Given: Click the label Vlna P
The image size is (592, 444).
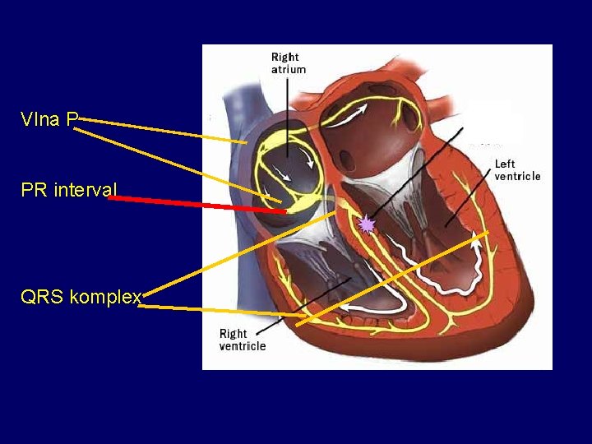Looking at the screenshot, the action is point(49,120).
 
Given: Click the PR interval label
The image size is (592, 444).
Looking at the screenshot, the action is point(69,191).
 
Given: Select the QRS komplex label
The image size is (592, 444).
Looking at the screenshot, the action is point(81,297).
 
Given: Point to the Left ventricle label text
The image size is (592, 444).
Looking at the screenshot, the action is point(517,170).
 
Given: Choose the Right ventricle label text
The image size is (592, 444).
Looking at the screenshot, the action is point(242,340).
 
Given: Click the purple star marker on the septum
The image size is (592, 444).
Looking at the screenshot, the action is point(367,224).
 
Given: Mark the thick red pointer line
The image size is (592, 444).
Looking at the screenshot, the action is point(197,205).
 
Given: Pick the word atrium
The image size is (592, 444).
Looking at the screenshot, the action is point(289,70).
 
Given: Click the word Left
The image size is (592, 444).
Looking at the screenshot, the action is point(505,164).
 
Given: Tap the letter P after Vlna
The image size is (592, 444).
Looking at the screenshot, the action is point(72,120).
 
